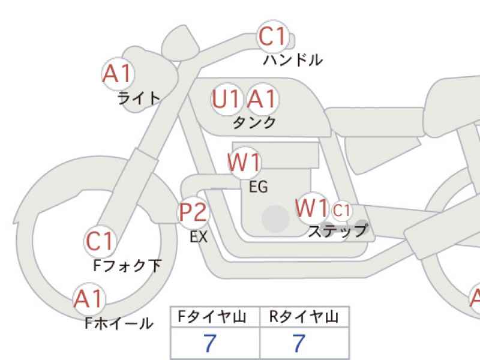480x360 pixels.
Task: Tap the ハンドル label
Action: click(x=293, y=60)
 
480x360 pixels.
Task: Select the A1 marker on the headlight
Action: click(x=117, y=74)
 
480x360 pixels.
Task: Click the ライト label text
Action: click(x=139, y=98)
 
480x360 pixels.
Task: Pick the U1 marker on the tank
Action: click(x=227, y=99)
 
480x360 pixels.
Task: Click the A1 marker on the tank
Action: click(x=262, y=99)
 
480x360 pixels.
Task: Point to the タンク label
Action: click(x=254, y=122)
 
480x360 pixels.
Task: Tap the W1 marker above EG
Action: click(x=245, y=163)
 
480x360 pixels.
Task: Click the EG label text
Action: click(x=258, y=187)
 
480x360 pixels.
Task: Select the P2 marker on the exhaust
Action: click(x=194, y=212)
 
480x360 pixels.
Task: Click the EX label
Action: click(x=199, y=237)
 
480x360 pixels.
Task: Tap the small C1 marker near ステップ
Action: click(x=341, y=211)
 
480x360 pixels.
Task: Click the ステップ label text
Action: click(x=337, y=231)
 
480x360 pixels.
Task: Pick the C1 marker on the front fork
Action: click(x=100, y=241)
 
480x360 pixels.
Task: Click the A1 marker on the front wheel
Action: click(x=89, y=298)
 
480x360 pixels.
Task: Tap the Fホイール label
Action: click(x=119, y=324)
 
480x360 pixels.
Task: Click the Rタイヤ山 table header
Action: click(x=304, y=317)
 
